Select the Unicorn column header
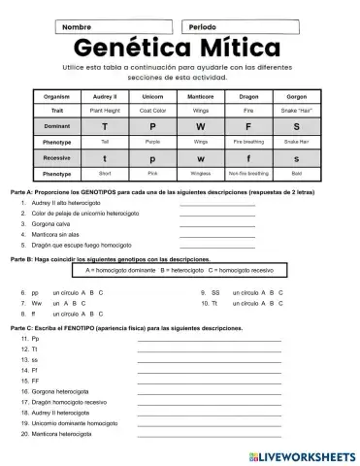(152, 97)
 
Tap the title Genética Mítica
(180, 49)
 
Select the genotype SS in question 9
(215, 292)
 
